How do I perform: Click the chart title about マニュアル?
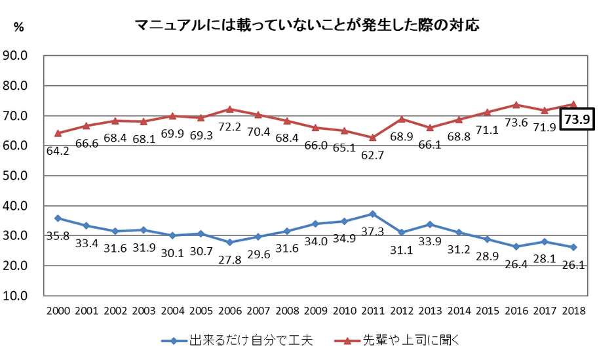307,26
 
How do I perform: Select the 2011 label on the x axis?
372,310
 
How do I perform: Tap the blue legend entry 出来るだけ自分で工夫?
240,340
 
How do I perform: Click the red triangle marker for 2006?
229,110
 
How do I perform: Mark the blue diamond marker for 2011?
372,214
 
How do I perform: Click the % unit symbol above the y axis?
19,27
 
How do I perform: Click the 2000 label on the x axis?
58,310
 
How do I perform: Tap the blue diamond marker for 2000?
58,218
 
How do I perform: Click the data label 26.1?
574,266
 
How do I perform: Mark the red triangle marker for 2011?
372,137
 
